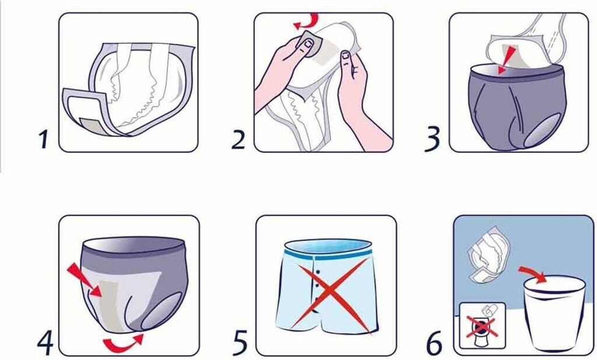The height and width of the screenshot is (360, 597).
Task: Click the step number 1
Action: click(44, 139)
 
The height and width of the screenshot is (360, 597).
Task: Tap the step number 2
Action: click(238, 139)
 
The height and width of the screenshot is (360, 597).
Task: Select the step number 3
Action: click(432, 139)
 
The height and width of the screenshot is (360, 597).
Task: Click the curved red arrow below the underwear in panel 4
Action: click(124, 342)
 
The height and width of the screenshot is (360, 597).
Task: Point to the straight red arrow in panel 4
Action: click(85, 281)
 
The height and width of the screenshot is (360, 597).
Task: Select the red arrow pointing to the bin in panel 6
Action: click(533, 274)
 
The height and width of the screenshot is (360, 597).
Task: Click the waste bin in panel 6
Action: click(554, 312)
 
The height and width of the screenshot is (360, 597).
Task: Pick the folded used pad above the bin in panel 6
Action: click(484, 254)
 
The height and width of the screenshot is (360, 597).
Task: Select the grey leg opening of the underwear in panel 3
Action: click(542, 131)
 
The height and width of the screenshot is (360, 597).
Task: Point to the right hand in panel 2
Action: click(361, 99)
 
